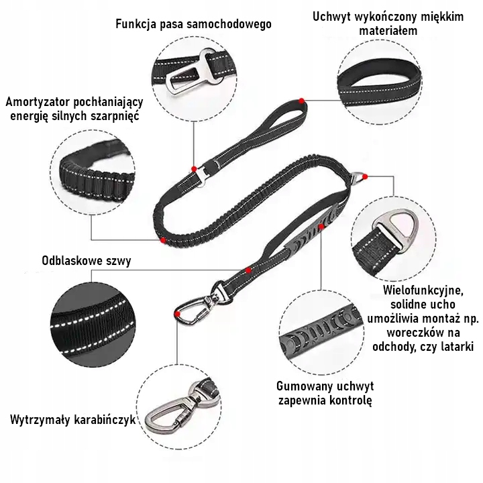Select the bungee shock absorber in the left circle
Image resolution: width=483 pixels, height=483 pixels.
pyautogui.click(x=91, y=174)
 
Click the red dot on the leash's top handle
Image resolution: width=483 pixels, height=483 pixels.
pyautogui.click(x=303, y=100)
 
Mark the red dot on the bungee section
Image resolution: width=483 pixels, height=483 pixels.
pyautogui.click(x=163, y=239)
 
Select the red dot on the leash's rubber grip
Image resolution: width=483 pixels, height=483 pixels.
pyautogui.click(x=322, y=227)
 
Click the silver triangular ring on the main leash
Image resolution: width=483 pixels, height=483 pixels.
pyautogui.click(x=360, y=178)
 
